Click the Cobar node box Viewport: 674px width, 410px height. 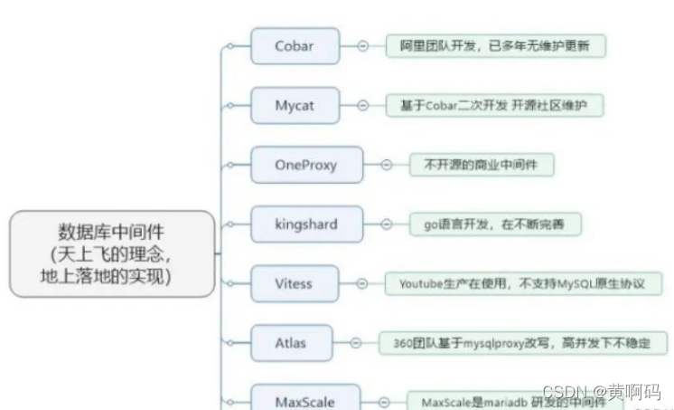pyautogui.click(x=295, y=46)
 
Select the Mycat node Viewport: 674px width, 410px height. pyautogui.click(x=295, y=106)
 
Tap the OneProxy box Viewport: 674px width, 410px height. pyautogui.click(x=305, y=165)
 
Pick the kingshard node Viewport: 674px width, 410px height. pyautogui.click(x=305, y=224)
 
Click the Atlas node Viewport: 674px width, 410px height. pyautogui.click(x=291, y=342)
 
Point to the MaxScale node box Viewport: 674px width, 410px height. pyautogui.click(x=305, y=398)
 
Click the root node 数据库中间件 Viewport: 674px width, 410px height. pyautogui.click(x=112, y=253)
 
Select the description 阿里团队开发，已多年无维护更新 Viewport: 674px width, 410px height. pyautogui.click(x=496, y=46)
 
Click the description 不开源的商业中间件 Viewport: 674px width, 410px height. pyautogui.click(x=482, y=165)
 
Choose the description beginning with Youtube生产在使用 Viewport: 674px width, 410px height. pyautogui.click(x=522, y=283)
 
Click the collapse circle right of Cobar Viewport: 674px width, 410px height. pyautogui.click(x=362, y=46)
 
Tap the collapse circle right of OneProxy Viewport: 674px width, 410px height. pyautogui.click(x=386, y=165)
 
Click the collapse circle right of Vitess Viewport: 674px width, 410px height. pyautogui.click(x=362, y=283)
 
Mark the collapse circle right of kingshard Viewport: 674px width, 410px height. pyautogui.click(x=386, y=224)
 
